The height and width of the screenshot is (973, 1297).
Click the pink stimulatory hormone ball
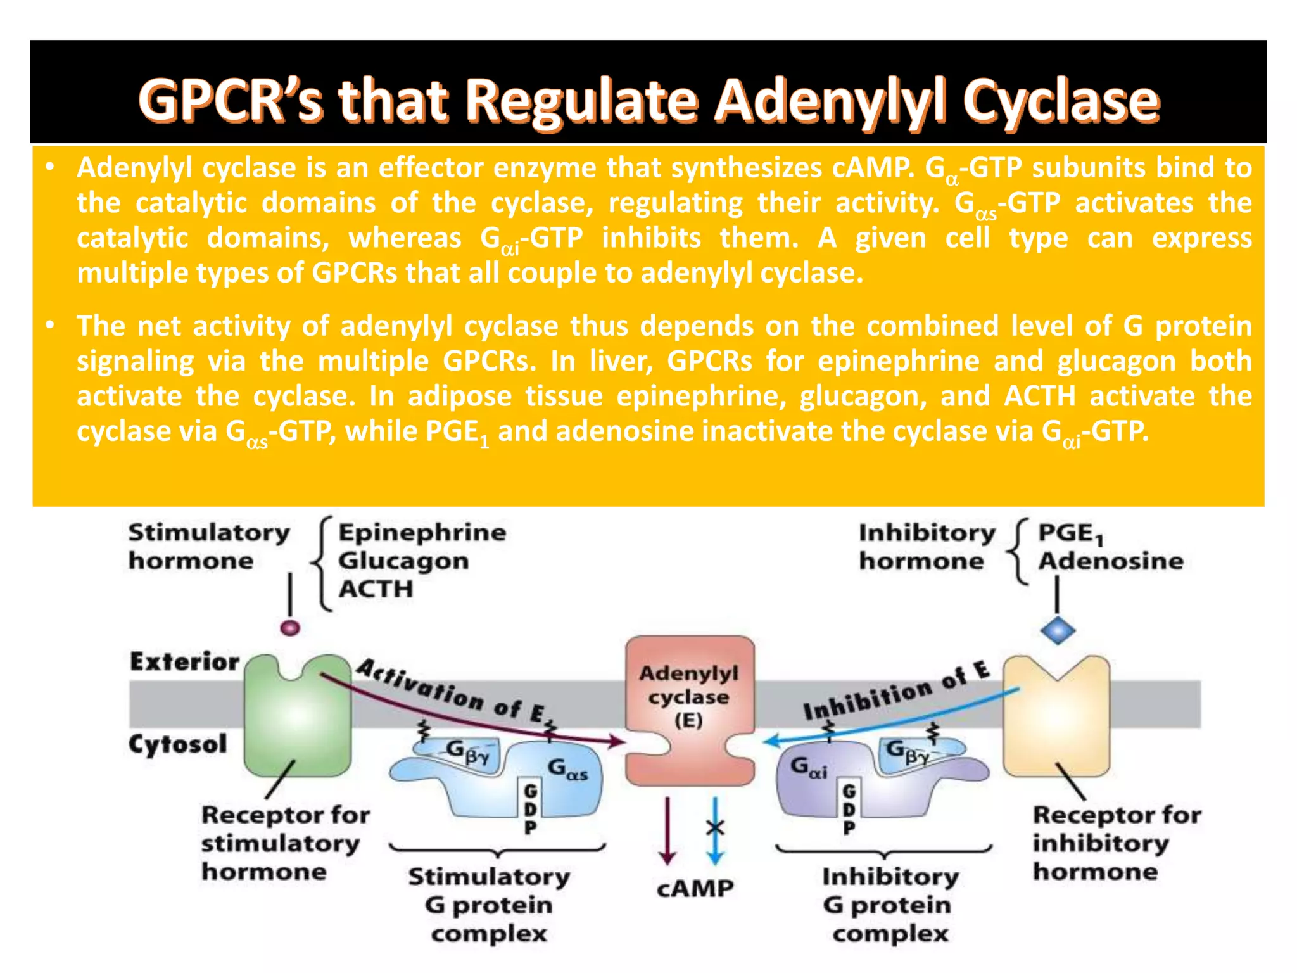pyautogui.click(x=290, y=628)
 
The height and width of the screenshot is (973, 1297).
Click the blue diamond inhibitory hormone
pyautogui.click(x=1058, y=630)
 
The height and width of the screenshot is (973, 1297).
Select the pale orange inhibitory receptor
pyautogui.click(x=1056, y=722)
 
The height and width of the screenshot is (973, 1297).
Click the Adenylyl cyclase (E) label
pyautogui.click(x=689, y=696)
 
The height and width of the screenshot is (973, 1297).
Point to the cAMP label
pyautogui.click(x=695, y=888)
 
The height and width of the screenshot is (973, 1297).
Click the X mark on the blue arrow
pyautogui.click(x=715, y=827)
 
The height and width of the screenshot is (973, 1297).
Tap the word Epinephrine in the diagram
pyautogui.click(x=422, y=533)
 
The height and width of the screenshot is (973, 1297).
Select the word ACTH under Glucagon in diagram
pyautogui.click(x=376, y=589)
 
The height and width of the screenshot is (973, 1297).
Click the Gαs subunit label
pyautogui.click(x=567, y=770)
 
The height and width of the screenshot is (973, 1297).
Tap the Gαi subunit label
pyautogui.click(x=809, y=768)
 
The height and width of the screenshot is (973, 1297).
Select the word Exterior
pyautogui.click(x=184, y=662)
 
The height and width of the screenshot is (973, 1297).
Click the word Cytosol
pyautogui.click(x=177, y=744)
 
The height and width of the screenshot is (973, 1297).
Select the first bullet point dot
pyautogui.click(x=51, y=168)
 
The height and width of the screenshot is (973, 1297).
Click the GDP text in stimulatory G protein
pyautogui.click(x=531, y=809)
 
